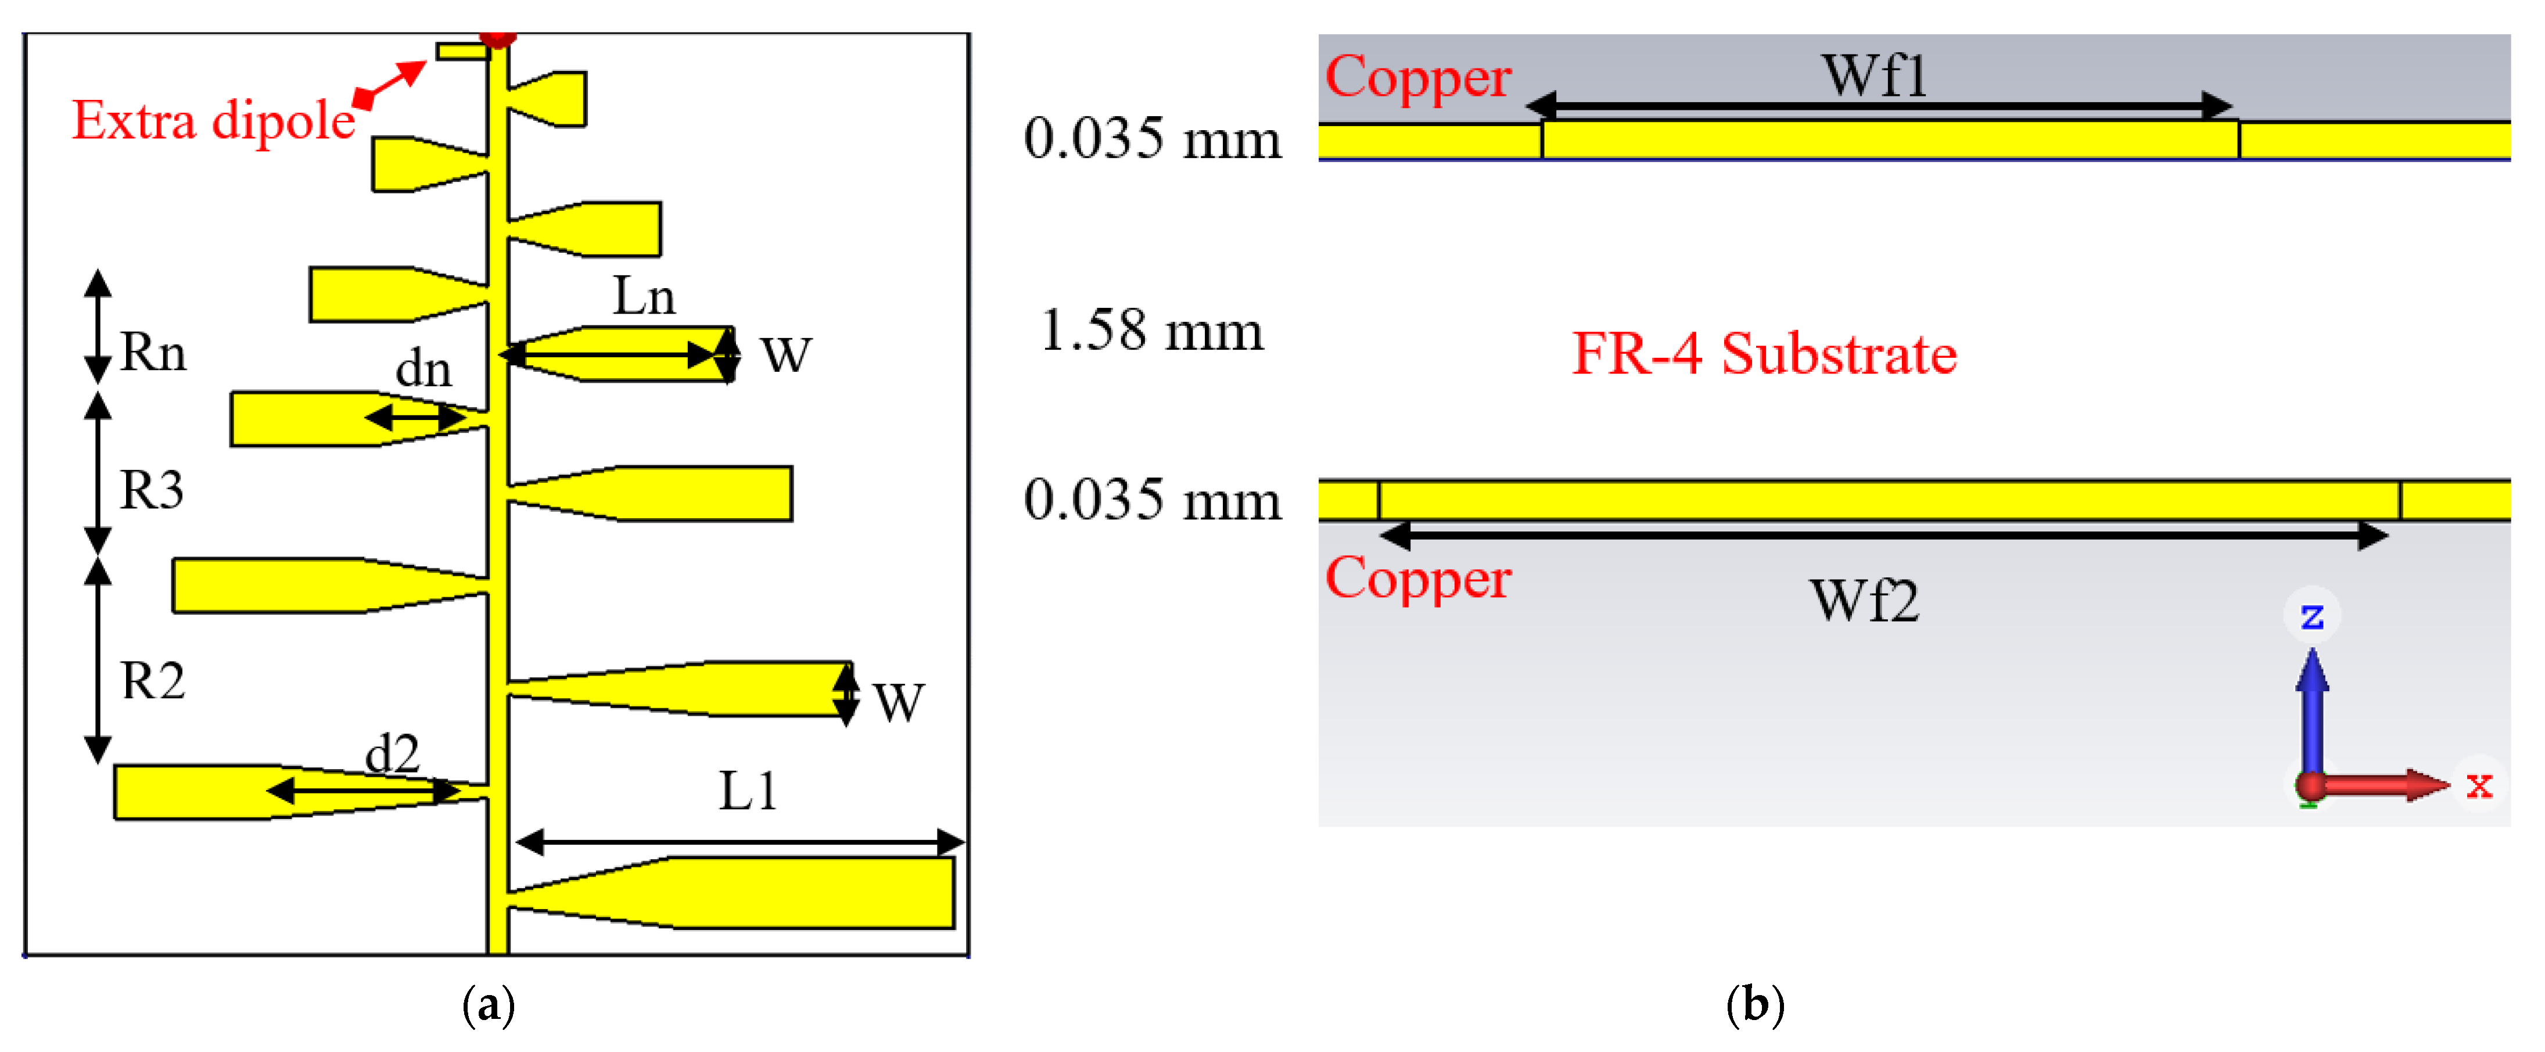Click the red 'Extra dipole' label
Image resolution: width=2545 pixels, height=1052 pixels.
(213, 120)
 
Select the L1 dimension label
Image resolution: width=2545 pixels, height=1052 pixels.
(747, 791)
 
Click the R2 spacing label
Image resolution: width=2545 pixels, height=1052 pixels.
(152, 681)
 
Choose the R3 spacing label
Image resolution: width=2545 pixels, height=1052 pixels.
(151, 490)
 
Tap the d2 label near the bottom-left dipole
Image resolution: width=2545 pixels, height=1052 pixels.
(392, 755)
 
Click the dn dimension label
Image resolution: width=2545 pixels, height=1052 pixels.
(423, 369)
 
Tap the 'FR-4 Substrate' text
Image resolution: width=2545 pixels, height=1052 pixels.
(1764, 354)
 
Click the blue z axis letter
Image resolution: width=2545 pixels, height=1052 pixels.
(2312, 616)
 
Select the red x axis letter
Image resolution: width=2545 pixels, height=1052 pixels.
(2479, 785)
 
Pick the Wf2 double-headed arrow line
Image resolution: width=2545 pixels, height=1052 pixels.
(1883, 536)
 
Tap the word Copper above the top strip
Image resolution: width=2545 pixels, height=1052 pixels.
(1418, 77)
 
